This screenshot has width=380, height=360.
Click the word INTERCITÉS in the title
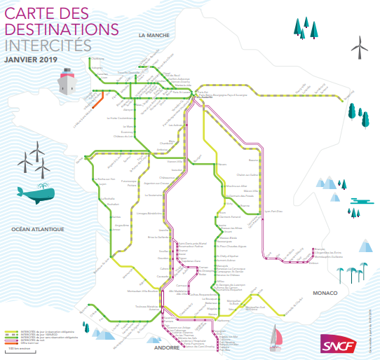point(47,44)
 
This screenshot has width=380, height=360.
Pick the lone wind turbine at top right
point(360,47)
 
